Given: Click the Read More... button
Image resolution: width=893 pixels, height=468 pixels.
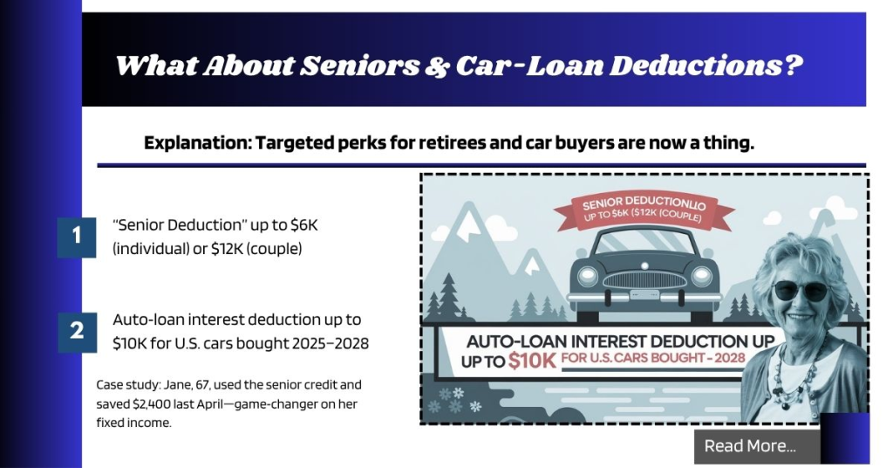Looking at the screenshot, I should (750, 446).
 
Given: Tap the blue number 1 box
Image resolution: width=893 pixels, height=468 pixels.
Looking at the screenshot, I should (77, 236).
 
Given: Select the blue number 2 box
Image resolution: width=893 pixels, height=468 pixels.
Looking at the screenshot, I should (77, 331).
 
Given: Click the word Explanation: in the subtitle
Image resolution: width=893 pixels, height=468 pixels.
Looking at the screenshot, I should (195, 143).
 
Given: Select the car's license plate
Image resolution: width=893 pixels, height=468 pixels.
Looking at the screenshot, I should (646, 295).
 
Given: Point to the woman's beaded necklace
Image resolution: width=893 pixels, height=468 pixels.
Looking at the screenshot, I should (808, 367).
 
